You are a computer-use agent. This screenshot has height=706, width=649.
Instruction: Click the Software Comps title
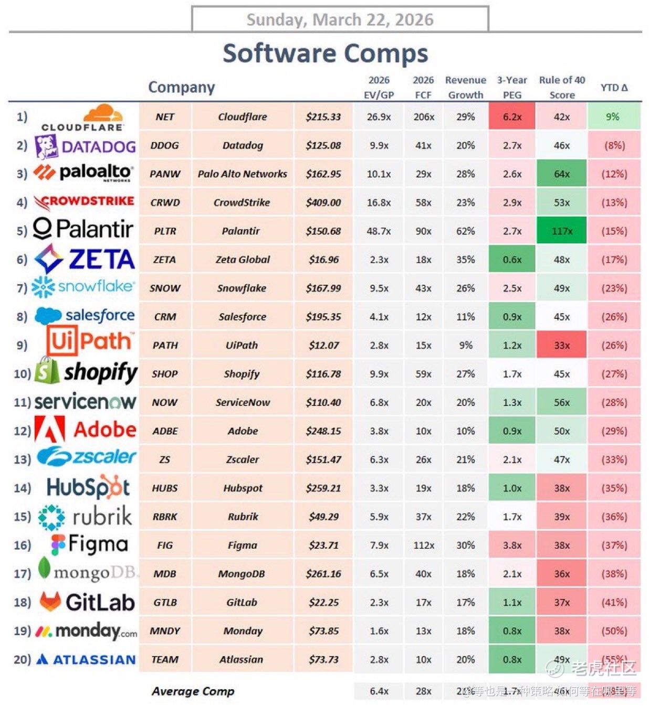pyautogui.click(x=325, y=54)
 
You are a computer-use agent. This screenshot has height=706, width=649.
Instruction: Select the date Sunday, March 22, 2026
pyautogui.click(x=340, y=19)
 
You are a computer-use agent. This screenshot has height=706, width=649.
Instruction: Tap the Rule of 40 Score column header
pyautogui.click(x=561, y=87)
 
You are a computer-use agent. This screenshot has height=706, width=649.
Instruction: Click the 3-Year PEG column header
pyautogui.click(x=512, y=87)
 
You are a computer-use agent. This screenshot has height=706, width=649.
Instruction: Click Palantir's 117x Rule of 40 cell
pyautogui.click(x=561, y=231)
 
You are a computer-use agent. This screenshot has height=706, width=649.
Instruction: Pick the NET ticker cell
pyautogui.click(x=165, y=117)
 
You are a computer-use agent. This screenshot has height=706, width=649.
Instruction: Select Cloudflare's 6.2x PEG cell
pyautogui.click(x=512, y=117)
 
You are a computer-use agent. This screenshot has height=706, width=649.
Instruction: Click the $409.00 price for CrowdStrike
pyautogui.click(x=323, y=202)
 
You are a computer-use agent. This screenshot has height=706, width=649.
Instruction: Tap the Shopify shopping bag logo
pyautogui.click(x=46, y=371)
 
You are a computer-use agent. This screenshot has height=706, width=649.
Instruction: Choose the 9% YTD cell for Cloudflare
pyautogui.click(x=613, y=117)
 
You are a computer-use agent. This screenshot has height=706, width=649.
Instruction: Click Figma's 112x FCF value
pyautogui.click(x=423, y=545)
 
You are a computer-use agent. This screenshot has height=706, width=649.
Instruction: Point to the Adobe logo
pyautogui.click(x=50, y=430)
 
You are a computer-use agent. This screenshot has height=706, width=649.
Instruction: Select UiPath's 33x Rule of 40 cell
pyautogui.click(x=561, y=345)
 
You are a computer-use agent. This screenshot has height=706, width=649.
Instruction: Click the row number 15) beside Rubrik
pyautogui.click(x=22, y=517)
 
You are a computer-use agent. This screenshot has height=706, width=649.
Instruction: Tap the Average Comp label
pyautogui.click(x=193, y=691)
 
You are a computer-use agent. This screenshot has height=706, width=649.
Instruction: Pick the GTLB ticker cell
pyautogui.click(x=165, y=603)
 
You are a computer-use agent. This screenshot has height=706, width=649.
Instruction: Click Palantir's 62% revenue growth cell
pyautogui.click(x=465, y=231)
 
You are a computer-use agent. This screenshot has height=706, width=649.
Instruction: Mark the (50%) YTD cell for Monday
pyautogui.click(x=614, y=631)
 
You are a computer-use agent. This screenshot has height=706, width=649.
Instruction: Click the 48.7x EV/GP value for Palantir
pyautogui.click(x=379, y=231)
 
